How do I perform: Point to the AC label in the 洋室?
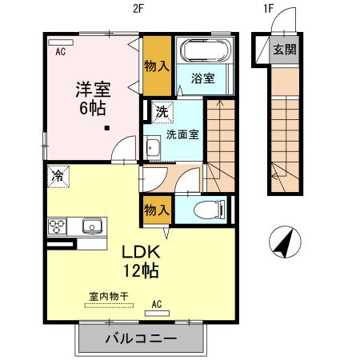click(x=59, y=54)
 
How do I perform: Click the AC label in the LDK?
click(x=158, y=303)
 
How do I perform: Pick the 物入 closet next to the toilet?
click(x=156, y=210)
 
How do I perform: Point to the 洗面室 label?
click(x=182, y=134)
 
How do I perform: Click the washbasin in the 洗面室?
click(x=152, y=148)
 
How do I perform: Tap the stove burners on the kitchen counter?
click(x=59, y=226)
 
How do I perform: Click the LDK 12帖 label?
click(x=139, y=261)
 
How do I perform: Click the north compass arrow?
click(x=282, y=242)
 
